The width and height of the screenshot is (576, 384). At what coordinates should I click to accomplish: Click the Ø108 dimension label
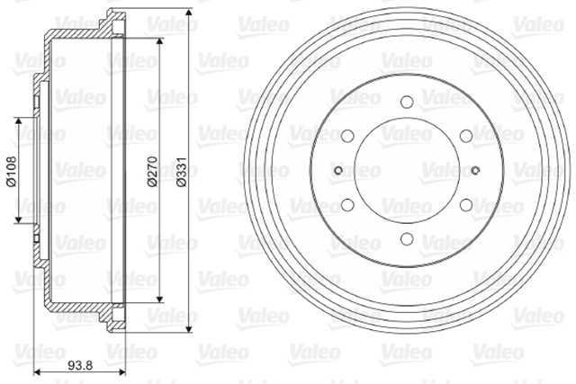pos(11,171)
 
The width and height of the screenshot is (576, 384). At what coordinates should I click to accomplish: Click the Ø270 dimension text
pos(152,172)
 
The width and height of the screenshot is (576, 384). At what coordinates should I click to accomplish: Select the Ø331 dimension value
pos(182,172)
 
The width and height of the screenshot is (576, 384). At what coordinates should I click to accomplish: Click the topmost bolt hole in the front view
pos(407,102)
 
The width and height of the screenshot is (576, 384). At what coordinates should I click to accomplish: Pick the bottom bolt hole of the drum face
pos(407,238)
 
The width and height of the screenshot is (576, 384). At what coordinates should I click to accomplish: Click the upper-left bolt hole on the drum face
pos(347,136)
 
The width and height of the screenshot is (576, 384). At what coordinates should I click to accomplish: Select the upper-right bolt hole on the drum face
pos(466,136)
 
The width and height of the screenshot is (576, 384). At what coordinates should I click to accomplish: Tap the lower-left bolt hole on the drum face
pos(347,204)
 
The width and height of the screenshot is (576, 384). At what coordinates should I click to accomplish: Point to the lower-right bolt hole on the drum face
pos(466,204)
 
